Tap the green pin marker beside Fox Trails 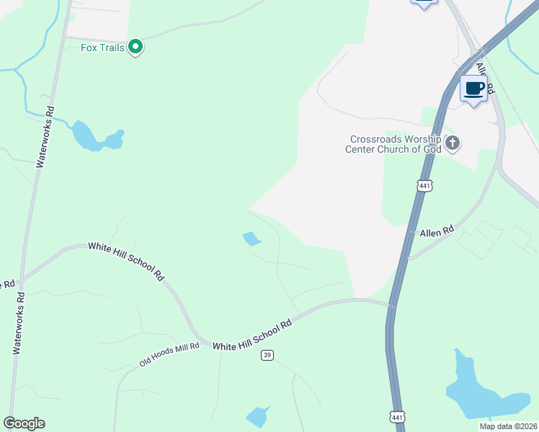tap(135, 48)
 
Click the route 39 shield tap(267, 355)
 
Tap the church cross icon tap(453, 143)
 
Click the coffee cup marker tap(473, 89)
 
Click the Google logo tap(24, 423)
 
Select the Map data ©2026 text tap(508, 426)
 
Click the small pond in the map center tap(251, 238)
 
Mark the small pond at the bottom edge tap(258, 416)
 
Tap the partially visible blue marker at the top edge tap(424, 3)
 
